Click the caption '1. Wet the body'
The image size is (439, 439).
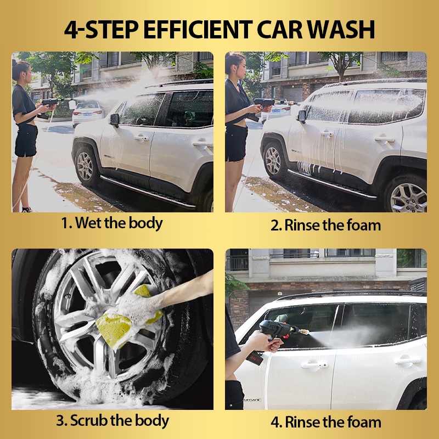tap(112, 223)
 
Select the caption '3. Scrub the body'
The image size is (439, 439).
tap(112, 421)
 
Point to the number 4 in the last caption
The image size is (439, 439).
tap(275, 423)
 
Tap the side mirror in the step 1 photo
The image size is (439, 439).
tap(115, 120)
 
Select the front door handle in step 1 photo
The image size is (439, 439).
tap(142, 138)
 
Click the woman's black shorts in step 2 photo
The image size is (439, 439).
tap(236, 143)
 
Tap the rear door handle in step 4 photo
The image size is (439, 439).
tap(407, 361)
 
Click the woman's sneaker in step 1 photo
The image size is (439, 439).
tap(27, 210)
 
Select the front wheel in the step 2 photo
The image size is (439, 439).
tap(273, 161)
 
